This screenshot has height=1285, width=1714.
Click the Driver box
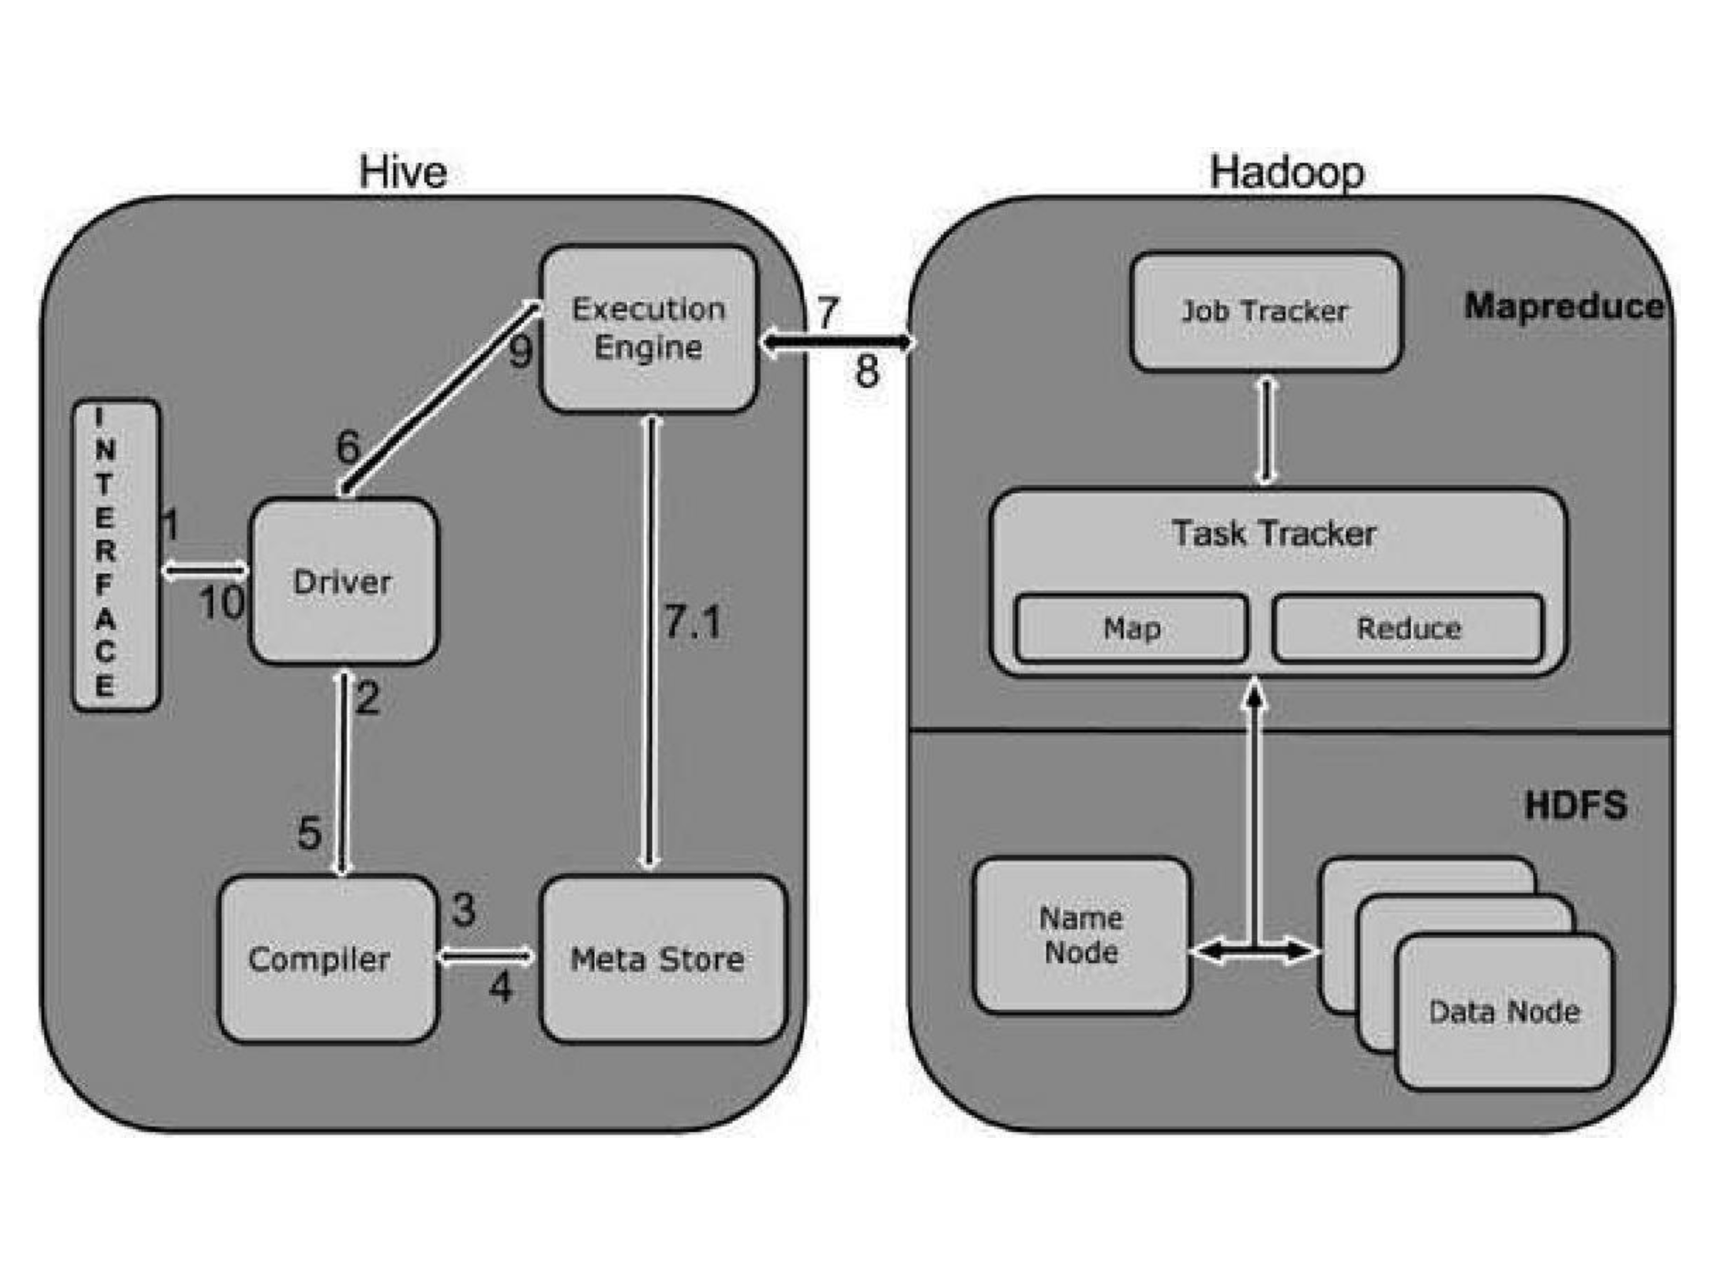coord(343,582)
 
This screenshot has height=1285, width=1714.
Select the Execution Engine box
coord(648,328)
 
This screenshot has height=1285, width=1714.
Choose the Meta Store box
coord(663,959)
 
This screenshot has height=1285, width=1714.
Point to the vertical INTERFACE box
coord(116,555)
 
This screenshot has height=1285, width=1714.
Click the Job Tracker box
coord(1265,311)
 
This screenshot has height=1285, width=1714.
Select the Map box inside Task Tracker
coord(1131,628)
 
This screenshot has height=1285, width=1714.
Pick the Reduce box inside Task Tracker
coord(1407,628)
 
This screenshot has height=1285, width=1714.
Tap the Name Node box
coord(1081,935)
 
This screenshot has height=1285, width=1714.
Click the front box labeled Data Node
coord(1504,1012)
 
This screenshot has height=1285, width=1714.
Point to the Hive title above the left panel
coord(403,172)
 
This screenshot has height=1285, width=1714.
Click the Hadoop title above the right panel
coord(1287,172)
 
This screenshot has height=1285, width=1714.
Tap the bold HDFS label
coord(1575,805)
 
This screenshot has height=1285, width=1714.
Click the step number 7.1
coord(693,622)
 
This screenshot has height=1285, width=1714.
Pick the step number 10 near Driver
coord(222,603)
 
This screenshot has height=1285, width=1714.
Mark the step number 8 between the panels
coord(867,371)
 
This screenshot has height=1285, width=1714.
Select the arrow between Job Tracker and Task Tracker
coord(1266,430)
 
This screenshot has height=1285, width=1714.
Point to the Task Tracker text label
coord(1275,534)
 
